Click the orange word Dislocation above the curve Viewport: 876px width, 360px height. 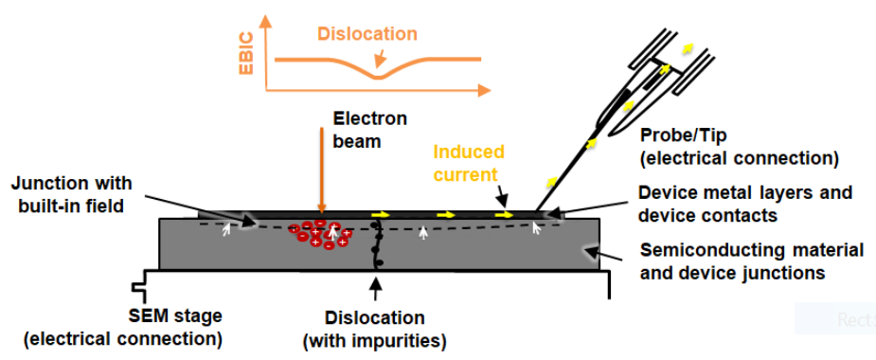367,34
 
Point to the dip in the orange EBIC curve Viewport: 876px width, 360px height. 378,77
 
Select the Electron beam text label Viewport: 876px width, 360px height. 370,130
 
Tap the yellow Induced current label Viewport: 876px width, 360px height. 469,163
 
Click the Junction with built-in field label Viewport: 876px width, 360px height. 72,194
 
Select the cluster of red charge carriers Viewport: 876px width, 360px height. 320,234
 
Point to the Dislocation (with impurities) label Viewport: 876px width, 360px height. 375,329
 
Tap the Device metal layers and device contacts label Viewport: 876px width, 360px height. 745,204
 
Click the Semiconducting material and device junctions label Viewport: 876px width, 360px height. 751,261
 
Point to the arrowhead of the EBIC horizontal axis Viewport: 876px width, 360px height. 484,90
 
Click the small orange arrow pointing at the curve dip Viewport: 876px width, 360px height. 381,56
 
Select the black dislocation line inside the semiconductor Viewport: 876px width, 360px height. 377,244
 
